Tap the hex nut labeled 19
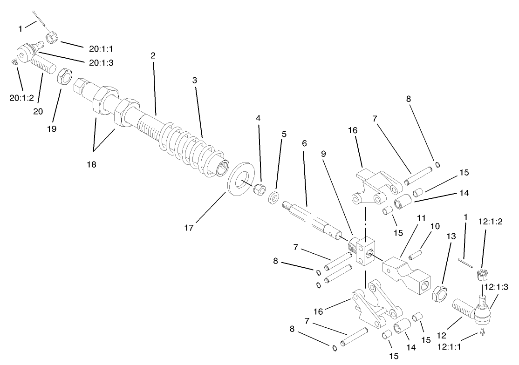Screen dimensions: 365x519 click(64, 75)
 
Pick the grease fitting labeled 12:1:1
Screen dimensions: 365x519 click(482, 332)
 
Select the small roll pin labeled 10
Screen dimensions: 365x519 click(415, 255)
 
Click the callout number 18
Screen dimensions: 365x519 click(91, 164)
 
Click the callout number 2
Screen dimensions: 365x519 click(152, 56)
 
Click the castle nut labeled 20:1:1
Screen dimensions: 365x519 click(52, 37)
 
